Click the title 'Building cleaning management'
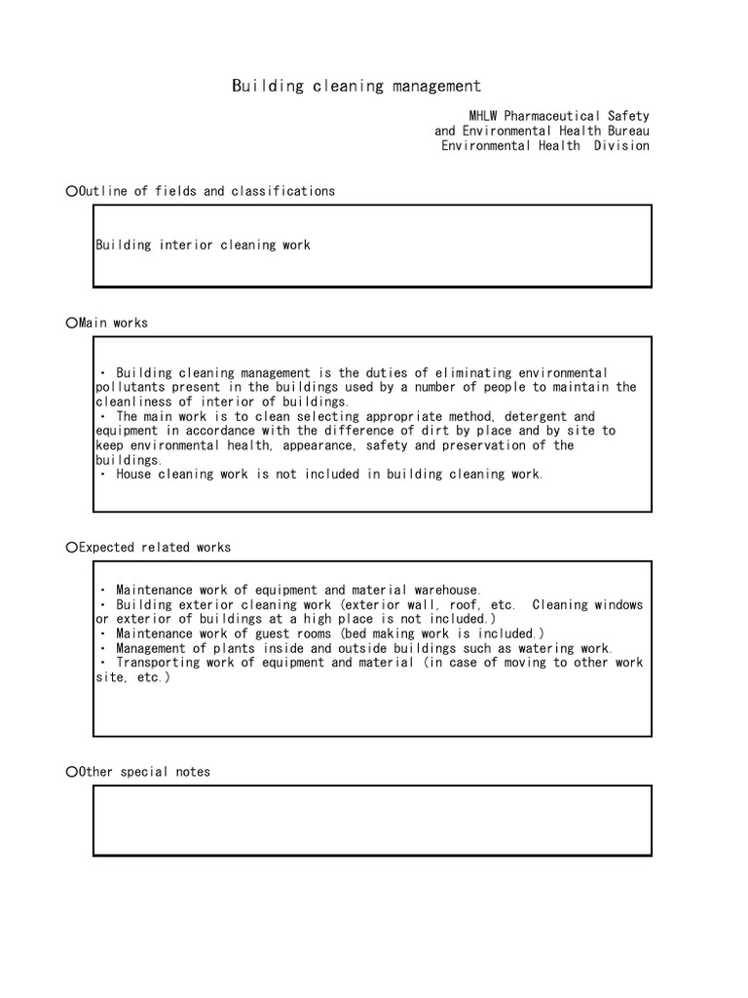coord(356,87)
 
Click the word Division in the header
coord(621,146)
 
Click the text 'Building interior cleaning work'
coord(203,246)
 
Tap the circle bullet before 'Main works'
coord(71,323)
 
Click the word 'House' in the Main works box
coord(135,475)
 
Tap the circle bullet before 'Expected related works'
coord(71,548)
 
